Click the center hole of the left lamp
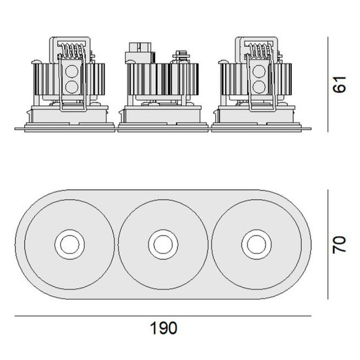[x=67, y=244]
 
